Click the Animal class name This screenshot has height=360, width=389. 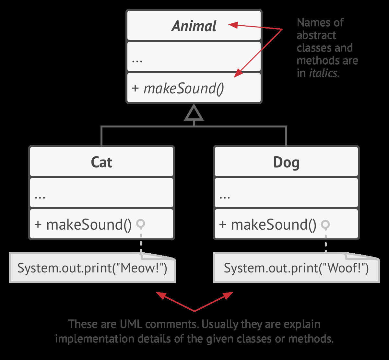click(194, 26)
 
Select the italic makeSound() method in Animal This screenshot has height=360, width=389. click(183, 88)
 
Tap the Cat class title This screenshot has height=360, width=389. click(101, 162)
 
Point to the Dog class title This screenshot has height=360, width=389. click(286, 162)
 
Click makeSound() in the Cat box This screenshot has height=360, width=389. click(88, 224)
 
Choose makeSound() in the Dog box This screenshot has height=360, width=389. click(273, 224)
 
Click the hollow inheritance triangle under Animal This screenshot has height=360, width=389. click(194, 113)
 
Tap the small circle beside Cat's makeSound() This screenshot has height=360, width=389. click(141, 223)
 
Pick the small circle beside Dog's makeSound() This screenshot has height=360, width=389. click(325, 224)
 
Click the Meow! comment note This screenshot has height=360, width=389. click(92, 269)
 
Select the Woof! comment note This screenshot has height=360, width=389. click(296, 269)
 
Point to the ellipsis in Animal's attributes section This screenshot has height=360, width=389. click(137, 60)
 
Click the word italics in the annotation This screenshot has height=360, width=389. click(323, 73)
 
